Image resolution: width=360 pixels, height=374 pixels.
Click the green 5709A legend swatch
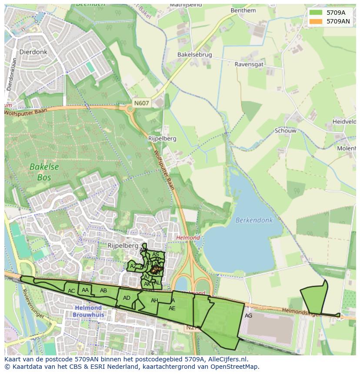click(316, 13)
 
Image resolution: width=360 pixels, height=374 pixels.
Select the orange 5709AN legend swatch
click(316, 21)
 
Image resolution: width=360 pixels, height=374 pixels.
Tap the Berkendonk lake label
click(254, 220)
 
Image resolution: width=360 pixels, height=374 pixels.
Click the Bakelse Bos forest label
click(44, 172)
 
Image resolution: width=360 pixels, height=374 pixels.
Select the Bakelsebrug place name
click(194, 55)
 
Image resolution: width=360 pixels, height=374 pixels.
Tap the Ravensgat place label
click(249, 64)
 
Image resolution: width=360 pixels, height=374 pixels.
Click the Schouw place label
click(285, 131)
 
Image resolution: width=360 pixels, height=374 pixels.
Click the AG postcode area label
click(248, 316)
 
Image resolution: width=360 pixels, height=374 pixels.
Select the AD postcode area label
click(127, 298)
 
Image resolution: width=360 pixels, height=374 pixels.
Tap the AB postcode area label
click(103, 291)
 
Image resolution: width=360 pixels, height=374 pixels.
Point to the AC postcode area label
click(71, 291)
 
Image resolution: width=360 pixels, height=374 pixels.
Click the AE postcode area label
click(172, 308)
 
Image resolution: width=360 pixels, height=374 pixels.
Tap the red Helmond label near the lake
click(188, 238)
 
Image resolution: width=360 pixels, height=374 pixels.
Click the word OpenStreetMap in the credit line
click(237, 367)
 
